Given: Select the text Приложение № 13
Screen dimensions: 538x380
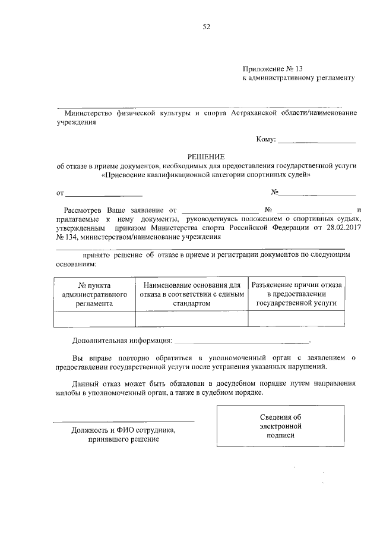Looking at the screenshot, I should (273, 69).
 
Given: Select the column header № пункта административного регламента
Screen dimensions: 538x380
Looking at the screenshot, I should (95, 294).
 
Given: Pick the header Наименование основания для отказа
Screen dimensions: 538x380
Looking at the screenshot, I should (191, 294).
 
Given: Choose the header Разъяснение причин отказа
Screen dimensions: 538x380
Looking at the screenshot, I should (296, 294).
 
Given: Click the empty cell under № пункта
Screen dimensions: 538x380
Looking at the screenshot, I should (95, 319).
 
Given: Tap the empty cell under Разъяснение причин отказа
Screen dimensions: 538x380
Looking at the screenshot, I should (296, 319).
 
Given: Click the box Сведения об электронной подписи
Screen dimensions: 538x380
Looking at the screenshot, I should (281, 426).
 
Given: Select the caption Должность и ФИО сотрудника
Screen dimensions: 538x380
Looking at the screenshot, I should (123, 430).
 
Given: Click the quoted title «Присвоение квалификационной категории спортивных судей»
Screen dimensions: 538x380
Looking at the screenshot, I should (205, 175).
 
